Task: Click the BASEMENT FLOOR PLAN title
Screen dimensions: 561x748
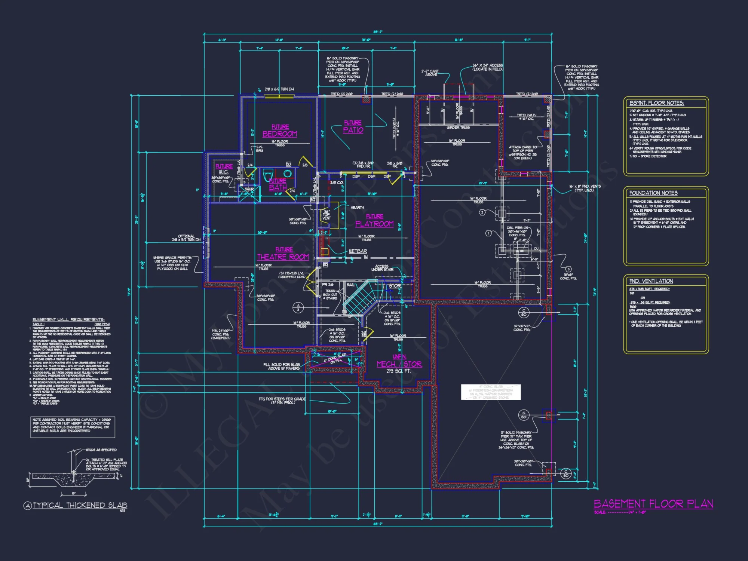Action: tap(653, 504)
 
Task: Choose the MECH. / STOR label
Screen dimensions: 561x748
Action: tap(399, 364)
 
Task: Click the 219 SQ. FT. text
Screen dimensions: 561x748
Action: tap(398, 371)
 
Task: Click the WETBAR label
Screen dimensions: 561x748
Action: tap(358, 251)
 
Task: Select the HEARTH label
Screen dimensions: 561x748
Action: tap(357, 208)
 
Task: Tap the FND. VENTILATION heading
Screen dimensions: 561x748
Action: tap(651, 281)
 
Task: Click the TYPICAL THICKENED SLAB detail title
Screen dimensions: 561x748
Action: tap(80, 505)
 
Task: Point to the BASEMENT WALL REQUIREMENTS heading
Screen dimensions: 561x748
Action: tap(68, 319)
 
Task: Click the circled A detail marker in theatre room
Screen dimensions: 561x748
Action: tap(298, 307)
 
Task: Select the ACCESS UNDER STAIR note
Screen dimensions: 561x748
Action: tap(382, 268)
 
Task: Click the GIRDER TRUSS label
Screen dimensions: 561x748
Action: tap(458, 128)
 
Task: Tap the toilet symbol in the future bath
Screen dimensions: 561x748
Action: tap(268, 175)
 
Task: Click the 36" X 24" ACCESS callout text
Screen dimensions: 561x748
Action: tap(487, 67)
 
